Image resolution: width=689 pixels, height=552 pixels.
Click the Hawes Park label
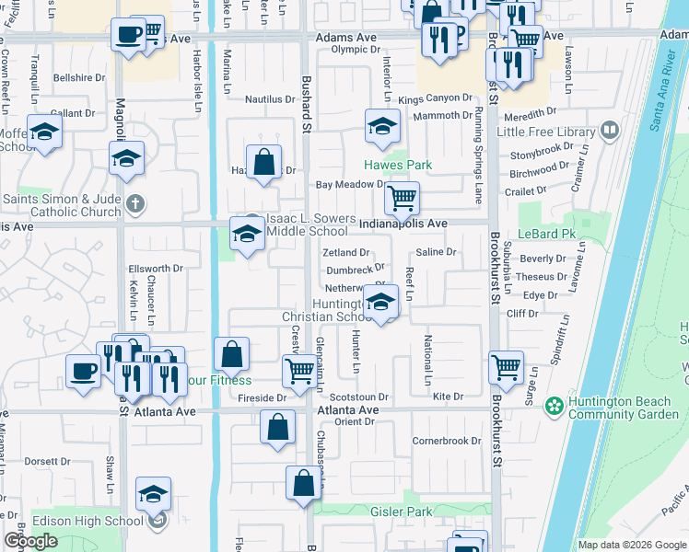click(397, 165)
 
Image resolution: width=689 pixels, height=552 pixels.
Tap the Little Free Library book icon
click(608, 132)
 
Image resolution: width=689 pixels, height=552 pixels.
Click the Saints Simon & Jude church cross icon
click(134, 203)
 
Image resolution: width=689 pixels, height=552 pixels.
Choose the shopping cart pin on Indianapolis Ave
click(402, 197)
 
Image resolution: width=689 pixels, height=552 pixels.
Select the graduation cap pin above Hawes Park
click(381, 127)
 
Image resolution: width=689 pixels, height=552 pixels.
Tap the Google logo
click(30, 541)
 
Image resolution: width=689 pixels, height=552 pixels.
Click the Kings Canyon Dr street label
click(435, 98)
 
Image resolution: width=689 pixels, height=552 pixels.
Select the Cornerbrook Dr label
click(447, 441)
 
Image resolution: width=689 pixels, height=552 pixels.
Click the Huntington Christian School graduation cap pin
click(380, 301)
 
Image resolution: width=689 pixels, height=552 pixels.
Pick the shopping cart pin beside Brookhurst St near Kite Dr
click(506, 367)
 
